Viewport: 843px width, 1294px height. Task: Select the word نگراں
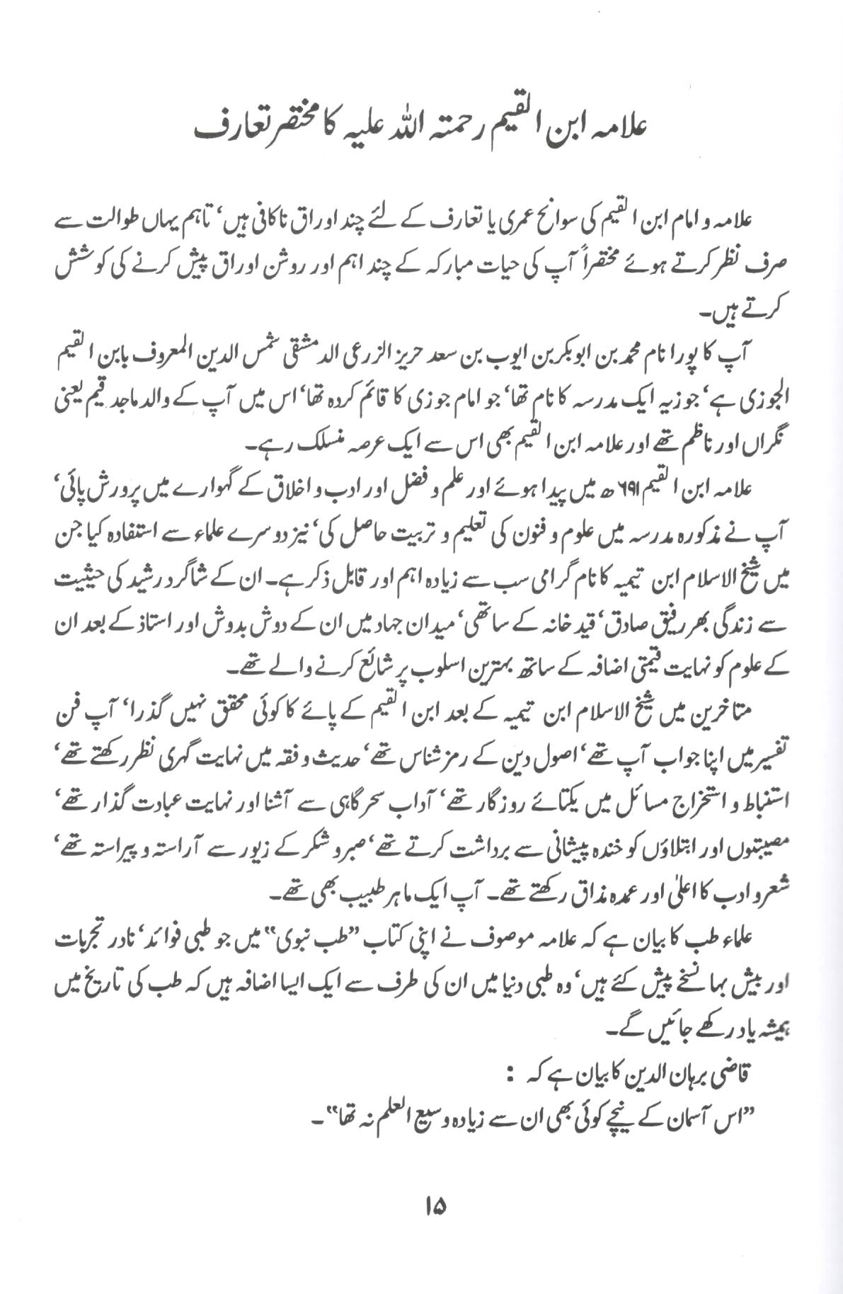(x=767, y=444)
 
